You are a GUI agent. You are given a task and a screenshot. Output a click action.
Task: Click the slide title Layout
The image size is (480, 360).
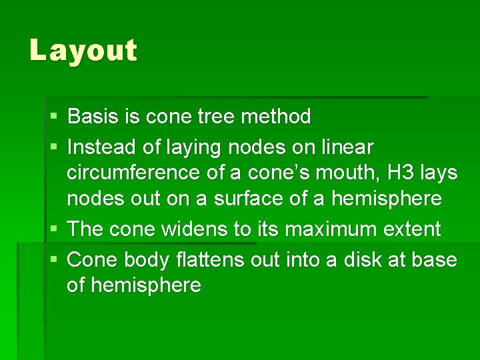click(x=83, y=51)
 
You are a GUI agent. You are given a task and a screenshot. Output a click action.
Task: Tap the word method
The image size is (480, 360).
click(x=275, y=117)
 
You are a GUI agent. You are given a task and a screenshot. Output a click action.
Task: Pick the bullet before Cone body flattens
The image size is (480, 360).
click(x=53, y=259)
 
